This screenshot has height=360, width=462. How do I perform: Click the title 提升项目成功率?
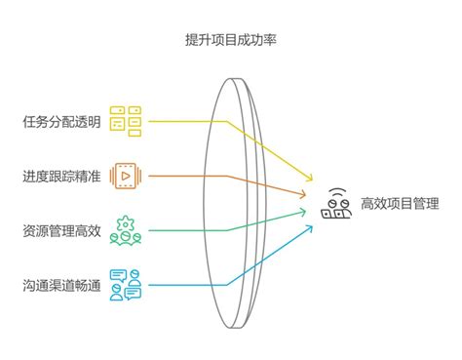[231, 39]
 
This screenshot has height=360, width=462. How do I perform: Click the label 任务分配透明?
[61, 122]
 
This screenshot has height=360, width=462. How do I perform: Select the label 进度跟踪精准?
[61, 177]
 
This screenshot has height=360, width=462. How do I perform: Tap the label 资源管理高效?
[61, 231]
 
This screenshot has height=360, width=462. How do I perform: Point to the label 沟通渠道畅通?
[61, 285]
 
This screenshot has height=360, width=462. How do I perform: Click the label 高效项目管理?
[400, 204]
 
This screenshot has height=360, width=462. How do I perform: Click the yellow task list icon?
[126, 121]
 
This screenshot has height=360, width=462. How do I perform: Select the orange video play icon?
[126, 176]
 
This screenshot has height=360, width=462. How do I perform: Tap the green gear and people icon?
[126, 230]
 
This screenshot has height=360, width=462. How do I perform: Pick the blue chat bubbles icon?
[126, 285]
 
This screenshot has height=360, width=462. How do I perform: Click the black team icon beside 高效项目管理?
[336, 203]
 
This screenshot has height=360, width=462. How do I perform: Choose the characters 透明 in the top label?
[87, 122]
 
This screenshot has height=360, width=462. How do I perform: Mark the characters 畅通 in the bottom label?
[87, 285]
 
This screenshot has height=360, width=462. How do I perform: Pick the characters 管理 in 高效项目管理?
[426, 204]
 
